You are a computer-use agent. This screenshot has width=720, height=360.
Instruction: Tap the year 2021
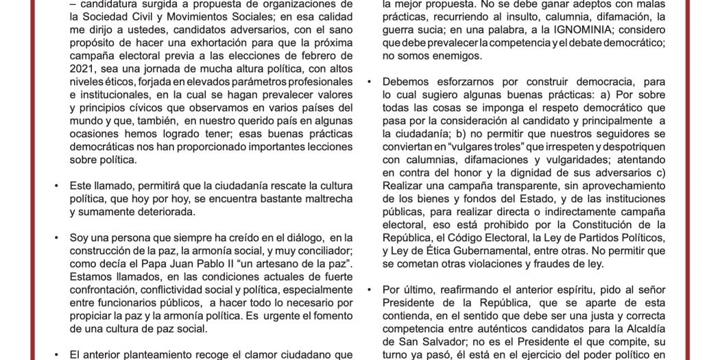point(82,69)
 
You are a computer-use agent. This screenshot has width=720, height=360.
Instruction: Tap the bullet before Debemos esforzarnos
point(370,82)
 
